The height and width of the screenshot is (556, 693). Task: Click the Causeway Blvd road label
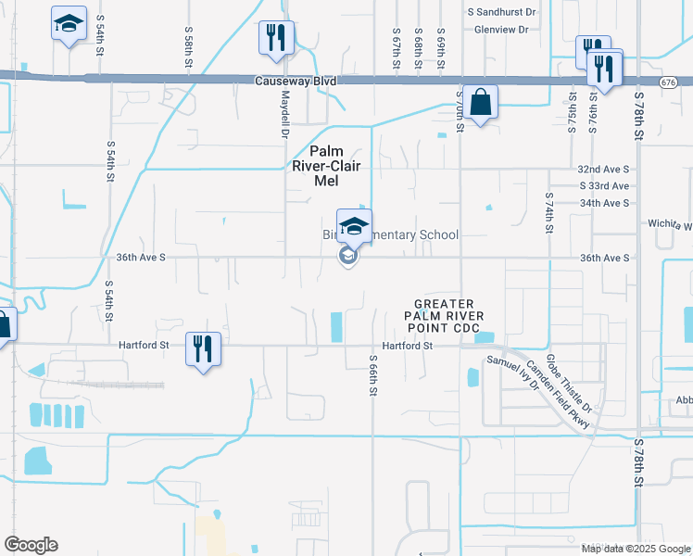point(295,82)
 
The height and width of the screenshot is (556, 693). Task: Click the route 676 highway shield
point(668,82)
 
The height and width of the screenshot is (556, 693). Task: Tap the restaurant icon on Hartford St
point(203,348)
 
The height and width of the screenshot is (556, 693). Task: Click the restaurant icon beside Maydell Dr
point(275,37)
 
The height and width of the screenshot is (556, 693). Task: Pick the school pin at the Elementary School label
point(353,225)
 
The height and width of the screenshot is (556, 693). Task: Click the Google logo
point(31,545)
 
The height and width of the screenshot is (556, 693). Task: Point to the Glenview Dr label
point(500,30)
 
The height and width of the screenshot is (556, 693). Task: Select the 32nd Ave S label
point(603,170)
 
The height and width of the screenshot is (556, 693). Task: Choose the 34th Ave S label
point(603,202)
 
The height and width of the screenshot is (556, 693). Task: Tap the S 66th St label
point(372,375)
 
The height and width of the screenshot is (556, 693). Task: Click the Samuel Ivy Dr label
point(512,374)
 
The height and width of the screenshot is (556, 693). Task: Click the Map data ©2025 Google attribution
point(636,549)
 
